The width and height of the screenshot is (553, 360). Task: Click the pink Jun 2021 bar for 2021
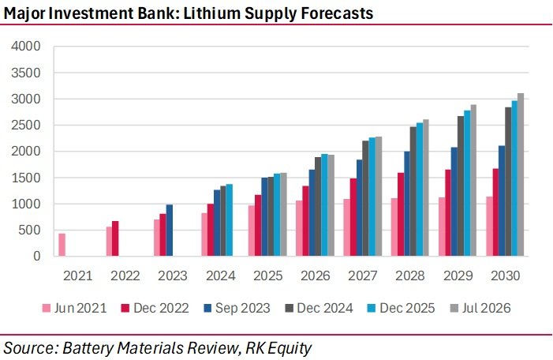click(62, 245)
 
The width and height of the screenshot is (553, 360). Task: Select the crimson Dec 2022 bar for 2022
click(115, 238)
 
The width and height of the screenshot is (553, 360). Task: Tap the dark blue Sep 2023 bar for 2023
click(170, 230)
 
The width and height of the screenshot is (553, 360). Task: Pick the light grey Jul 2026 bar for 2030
click(521, 174)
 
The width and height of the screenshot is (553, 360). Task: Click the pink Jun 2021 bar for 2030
click(489, 227)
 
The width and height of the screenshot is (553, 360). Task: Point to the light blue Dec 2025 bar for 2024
click(230, 220)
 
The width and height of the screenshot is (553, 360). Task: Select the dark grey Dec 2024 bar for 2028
click(413, 191)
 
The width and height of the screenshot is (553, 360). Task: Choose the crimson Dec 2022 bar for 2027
click(353, 217)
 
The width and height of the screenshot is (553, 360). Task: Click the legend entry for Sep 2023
click(237, 308)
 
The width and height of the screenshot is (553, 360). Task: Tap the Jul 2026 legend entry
click(480, 308)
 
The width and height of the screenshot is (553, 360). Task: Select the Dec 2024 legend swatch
click(290, 309)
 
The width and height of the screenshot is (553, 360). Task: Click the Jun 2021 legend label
click(80, 308)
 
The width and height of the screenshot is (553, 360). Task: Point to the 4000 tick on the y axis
click(26, 47)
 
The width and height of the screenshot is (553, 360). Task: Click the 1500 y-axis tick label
click(26, 178)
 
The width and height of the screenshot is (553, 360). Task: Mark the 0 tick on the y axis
click(36, 257)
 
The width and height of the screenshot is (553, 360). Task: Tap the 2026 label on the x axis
click(316, 276)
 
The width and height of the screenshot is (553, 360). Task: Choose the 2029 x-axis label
click(458, 276)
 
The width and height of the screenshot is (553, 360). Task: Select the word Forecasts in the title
click(337, 13)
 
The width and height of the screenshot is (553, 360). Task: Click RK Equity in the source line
click(278, 348)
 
